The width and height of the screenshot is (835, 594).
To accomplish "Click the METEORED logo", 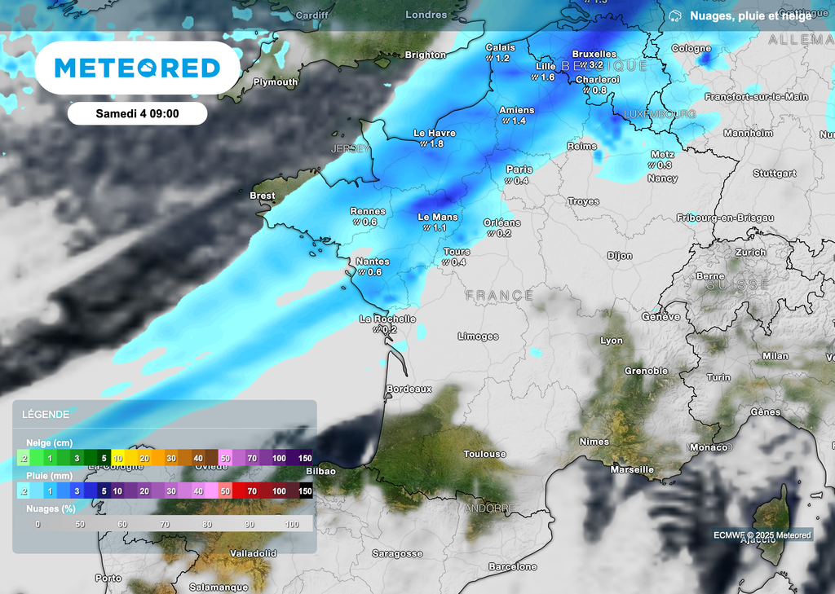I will (137, 68).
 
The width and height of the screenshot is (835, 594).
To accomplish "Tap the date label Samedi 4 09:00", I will (137, 113).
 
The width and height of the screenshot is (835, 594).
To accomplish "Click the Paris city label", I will (519, 169).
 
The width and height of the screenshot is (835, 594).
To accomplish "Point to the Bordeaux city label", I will (409, 389).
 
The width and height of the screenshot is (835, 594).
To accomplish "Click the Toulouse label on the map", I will (484, 454).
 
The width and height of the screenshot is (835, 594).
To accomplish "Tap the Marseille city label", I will (632, 469).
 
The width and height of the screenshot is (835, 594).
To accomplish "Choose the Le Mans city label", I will (438, 218).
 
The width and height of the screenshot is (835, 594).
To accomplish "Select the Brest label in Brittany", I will (263, 196).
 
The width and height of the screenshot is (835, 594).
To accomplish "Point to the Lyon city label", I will (612, 341).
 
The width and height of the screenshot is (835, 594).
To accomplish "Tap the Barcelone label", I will (512, 566).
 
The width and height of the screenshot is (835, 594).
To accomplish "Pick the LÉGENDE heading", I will (47, 414).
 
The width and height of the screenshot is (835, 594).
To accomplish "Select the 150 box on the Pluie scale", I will (305, 491).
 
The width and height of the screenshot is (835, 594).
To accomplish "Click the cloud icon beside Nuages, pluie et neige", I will (675, 15).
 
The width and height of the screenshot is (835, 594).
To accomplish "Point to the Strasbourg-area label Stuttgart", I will (775, 174).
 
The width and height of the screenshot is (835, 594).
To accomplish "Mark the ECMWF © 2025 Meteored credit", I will (762, 535).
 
